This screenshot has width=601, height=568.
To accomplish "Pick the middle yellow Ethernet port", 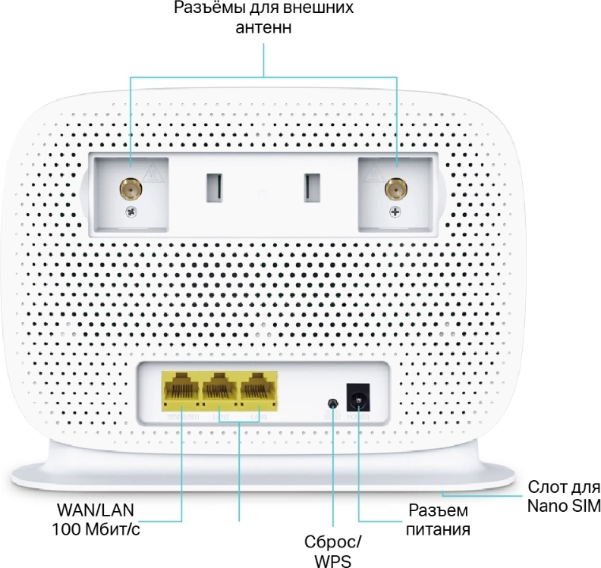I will tap(221, 391).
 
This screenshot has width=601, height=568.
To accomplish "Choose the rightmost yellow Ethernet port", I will tap(259, 391).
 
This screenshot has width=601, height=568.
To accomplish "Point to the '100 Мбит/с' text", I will tap(96, 529).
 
